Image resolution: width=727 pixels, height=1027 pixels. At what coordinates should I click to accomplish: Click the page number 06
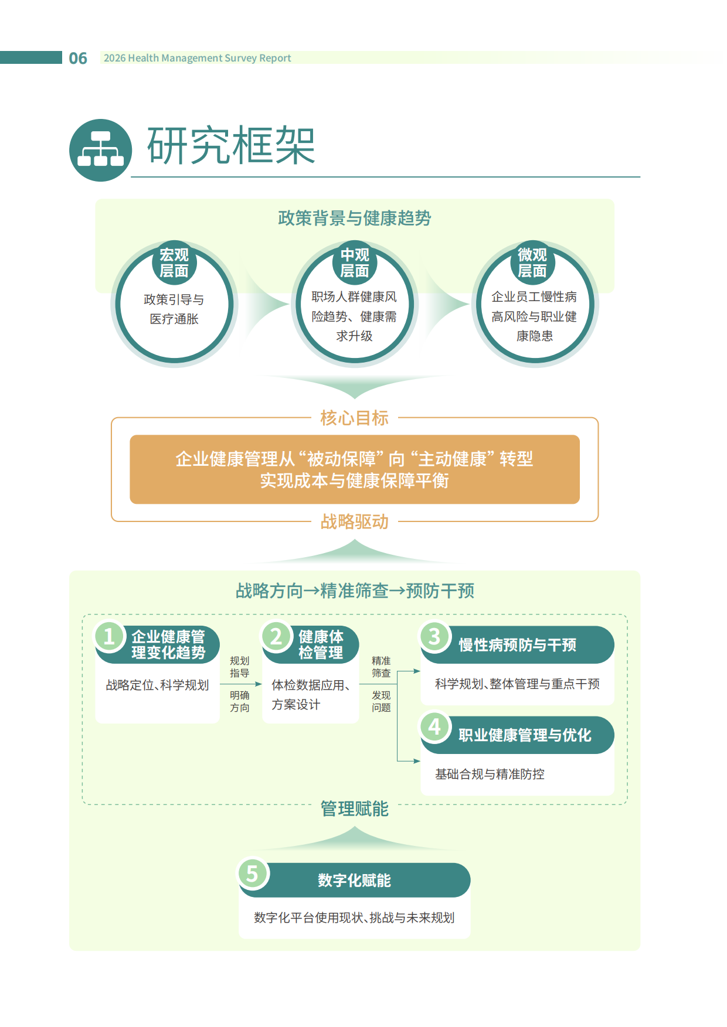[78, 58]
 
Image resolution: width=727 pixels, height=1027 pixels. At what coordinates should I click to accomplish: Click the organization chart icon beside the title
[100, 150]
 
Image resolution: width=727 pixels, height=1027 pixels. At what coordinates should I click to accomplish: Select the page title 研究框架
[231, 145]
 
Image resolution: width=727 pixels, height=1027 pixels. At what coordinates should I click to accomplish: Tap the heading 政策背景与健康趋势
[354, 218]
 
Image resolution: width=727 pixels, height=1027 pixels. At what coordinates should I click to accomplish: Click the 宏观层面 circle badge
[174, 263]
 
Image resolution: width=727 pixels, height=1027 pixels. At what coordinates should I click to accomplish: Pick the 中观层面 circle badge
[355, 263]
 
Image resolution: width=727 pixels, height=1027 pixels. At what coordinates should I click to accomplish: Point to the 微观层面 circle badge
[532, 263]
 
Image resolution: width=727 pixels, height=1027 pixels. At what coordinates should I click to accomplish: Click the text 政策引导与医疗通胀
[174, 309]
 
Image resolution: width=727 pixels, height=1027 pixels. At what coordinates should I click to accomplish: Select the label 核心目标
[354, 418]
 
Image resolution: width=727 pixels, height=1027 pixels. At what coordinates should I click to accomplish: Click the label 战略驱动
[354, 521]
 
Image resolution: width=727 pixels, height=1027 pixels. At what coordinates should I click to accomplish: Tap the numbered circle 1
[109, 636]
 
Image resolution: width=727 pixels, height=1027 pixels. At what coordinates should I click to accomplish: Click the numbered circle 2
[276, 636]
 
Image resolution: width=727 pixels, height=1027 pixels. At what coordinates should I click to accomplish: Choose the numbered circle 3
[434, 636]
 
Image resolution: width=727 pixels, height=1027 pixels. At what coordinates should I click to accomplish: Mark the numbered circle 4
[434, 726]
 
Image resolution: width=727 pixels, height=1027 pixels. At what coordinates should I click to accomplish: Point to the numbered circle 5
[253, 874]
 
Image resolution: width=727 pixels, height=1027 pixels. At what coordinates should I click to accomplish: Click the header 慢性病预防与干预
[517, 645]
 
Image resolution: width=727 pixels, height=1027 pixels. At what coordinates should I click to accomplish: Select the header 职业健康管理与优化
[525, 735]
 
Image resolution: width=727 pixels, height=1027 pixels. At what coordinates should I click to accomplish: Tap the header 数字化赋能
[354, 880]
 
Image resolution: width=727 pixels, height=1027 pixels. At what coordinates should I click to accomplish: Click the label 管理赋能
[354, 808]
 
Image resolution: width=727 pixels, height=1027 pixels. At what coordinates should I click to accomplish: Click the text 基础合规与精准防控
[490, 774]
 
